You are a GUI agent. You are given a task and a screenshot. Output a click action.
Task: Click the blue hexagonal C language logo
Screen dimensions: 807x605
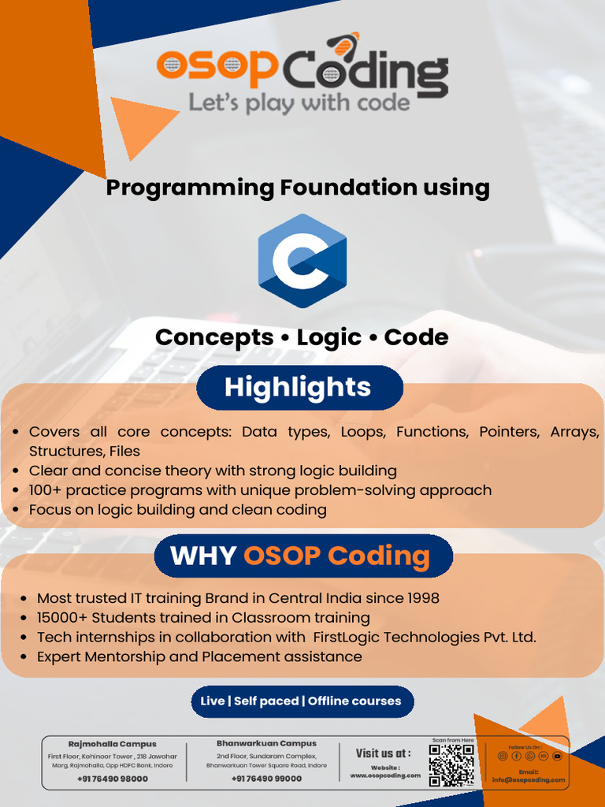(x=302, y=261)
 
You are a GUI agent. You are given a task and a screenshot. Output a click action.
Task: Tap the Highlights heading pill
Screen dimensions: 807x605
(x=298, y=388)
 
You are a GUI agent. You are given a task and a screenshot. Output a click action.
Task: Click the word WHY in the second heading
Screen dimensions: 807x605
(x=203, y=556)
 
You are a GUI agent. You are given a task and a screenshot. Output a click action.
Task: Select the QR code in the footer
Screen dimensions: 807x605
(x=451, y=764)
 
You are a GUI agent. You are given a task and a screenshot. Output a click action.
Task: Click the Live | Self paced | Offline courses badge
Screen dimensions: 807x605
(x=301, y=701)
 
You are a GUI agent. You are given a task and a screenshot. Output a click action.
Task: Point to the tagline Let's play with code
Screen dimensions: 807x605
(x=299, y=102)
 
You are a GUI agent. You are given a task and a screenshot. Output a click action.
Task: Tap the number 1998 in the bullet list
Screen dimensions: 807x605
(x=418, y=598)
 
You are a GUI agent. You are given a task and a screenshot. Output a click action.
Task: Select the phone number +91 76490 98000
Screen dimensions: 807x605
(x=112, y=779)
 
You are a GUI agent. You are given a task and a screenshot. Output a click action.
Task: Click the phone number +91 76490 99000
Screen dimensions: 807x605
(x=266, y=779)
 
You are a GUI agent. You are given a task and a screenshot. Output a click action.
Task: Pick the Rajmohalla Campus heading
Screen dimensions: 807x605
(x=112, y=744)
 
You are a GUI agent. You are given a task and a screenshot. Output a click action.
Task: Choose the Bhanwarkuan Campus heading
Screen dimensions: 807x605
(x=266, y=743)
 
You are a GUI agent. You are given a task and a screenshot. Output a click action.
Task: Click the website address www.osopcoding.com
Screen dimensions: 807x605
(x=385, y=775)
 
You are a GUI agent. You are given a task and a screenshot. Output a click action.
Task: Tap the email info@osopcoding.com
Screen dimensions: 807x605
(x=529, y=780)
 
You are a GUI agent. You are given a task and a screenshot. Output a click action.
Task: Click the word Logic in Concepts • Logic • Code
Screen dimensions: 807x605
(x=329, y=337)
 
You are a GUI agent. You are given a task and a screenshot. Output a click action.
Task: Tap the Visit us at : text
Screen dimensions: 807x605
(x=384, y=753)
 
